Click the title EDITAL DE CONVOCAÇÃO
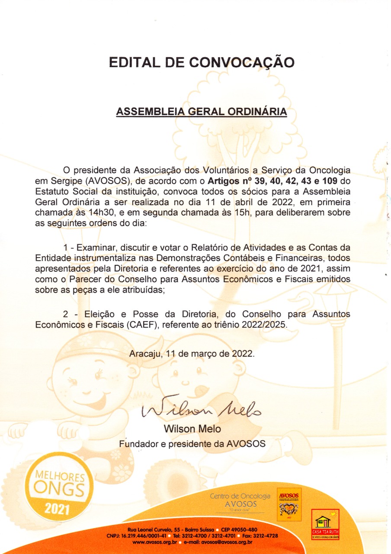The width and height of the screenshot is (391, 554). coord(202,62)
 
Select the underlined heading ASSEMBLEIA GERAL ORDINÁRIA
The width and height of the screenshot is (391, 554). coord(202,112)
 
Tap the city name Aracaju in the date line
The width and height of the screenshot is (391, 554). coord(145,353)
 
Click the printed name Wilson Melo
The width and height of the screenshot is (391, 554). coord(192,429)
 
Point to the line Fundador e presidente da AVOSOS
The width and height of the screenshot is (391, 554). coord(192,444)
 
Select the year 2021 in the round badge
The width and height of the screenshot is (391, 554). coord(57,509)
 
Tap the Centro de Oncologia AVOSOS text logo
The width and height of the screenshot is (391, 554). coord(240,500)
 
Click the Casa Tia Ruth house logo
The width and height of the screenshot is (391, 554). coord(325,524)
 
